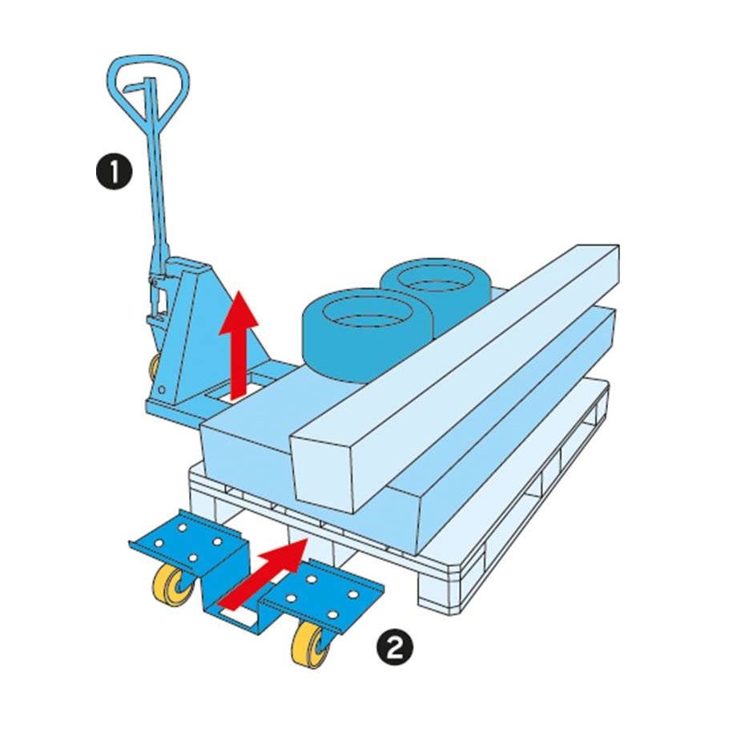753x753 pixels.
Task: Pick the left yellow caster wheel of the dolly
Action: coord(171,585)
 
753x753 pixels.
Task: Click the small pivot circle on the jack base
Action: coord(162,389)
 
